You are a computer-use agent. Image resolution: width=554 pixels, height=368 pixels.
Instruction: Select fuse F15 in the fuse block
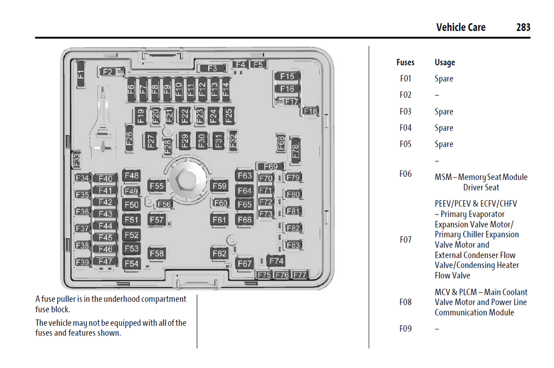pyautogui.click(x=287, y=77)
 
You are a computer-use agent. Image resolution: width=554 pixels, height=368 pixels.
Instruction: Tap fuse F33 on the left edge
pyautogui.click(x=77, y=159)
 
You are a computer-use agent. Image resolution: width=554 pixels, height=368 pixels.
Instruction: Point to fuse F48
pyautogui.click(x=132, y=176)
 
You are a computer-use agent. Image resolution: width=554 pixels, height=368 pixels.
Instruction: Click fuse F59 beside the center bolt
pyautogui.click(x=219, y=186)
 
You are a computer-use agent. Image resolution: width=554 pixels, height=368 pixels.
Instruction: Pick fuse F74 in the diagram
pyautogui.click(x=276, y=261)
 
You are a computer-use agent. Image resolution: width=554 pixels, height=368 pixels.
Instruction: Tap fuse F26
pyautogui.click(x=129, y=139)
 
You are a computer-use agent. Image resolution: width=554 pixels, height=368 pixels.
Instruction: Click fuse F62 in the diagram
pyautogui.click(x=219, y=254)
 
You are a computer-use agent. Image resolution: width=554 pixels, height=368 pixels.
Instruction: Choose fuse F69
pyautogui.click(x=271, y=167)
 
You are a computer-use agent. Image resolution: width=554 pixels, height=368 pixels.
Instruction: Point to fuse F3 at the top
pyautogui.click(x=212, y=69)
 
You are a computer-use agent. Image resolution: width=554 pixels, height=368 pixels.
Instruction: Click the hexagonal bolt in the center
pyautogui.click(x=187, y=179)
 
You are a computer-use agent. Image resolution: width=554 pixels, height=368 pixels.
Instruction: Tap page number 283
pyautogui.click(x=523, y=28)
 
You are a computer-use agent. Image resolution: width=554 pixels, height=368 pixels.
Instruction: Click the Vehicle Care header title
pyautogui.click(x=460, y=28)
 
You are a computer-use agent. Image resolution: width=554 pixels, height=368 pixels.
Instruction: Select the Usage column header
pyautogui.click(x=445, y=62)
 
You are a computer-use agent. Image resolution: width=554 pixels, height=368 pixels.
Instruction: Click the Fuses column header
pyautogui.click(x=405, y=62)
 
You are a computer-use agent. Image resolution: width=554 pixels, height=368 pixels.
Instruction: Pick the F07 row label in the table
pyautogui.click(x=405, y=240)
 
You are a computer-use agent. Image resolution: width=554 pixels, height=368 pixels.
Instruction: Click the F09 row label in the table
pyautogui.click(x=405, y=329)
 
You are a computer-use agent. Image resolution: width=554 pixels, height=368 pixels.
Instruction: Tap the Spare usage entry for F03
pyautogui.click(x=444, y=112)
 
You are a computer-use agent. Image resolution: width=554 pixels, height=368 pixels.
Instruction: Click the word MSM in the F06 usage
pyautogui.click(x=443, y=177)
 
